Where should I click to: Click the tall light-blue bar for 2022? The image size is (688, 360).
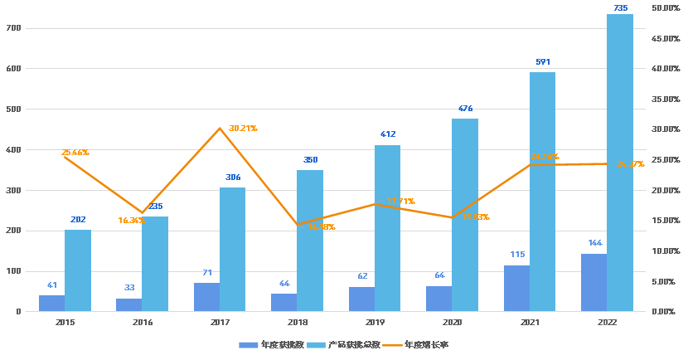(x=619, y=163)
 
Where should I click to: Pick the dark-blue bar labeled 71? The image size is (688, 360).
(x=207, y=297)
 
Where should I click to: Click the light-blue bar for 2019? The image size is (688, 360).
(x=387, y=228)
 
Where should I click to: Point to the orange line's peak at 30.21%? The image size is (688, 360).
(x=220, y=129)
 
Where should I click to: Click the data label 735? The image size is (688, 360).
(x=620, y=8)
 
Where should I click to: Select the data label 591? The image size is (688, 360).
(x=543, y=62)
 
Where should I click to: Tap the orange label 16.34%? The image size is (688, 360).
(x=133, y=221)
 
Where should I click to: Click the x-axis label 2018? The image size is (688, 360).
(x=298, y=322)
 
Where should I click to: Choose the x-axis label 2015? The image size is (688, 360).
(x=65, y=322)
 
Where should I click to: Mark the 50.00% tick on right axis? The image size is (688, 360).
(x=666, y=8)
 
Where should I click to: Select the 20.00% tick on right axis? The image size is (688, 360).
(x=666, y=190)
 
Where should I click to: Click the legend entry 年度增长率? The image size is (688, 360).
(x=426, y=344)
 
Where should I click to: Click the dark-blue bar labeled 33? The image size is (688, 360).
(x=129, y=304)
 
